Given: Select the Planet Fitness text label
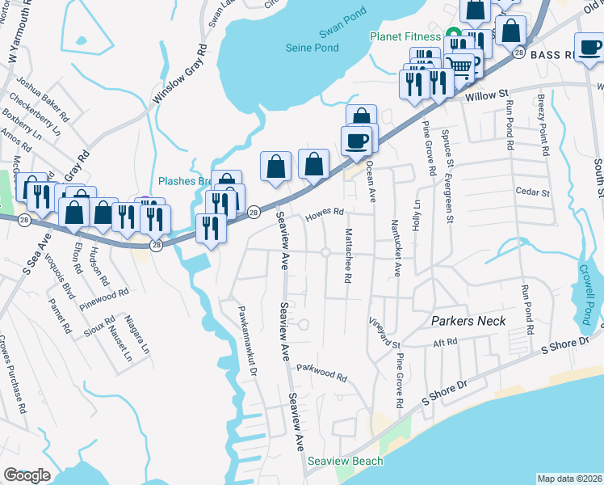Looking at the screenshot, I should click(x=405, y=36).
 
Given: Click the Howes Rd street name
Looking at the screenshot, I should click(x=325, y=214).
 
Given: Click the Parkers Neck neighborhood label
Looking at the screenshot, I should click(x=468, y=321).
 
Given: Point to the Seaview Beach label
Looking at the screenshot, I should click(x=345, y=461).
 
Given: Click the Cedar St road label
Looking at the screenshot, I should click(x=532, y=193).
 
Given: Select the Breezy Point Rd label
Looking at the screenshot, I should click(x=543, y=124).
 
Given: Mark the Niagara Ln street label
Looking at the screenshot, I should click(x=136, y=335).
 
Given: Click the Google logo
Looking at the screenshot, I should click(x=27, y=474).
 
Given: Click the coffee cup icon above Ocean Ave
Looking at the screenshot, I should click(x=356, y=141).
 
